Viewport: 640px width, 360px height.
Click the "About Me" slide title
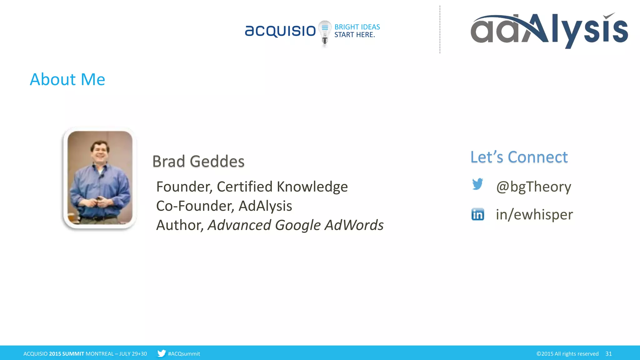tap(67, 79)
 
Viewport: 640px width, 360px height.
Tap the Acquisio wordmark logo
tap(280, 31)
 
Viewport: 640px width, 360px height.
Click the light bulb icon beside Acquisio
tap(325, 32)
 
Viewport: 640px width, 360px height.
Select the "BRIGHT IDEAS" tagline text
tap(357, 27)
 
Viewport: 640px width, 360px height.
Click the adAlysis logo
tap(549, 31)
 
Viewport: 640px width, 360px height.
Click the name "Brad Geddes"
tap(198, 161)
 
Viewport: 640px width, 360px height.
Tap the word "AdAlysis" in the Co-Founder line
tap(265, 206)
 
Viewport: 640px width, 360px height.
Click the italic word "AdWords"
tap(354, 225)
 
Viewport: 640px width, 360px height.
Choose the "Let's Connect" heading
tap(519, 157)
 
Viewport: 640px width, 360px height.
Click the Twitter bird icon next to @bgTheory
tap(477, 184)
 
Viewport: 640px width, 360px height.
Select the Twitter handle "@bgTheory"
tap(534, 187)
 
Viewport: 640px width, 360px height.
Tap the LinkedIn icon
tap(477, 214)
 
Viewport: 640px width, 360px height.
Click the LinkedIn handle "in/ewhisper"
tap(534, 214)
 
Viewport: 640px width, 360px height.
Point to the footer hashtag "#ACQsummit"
tap(184, 354)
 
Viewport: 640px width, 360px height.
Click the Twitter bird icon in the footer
tap(161, 353)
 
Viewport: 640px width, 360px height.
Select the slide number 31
tap(608, 354)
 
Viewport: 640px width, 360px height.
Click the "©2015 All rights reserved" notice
tap(567, 354)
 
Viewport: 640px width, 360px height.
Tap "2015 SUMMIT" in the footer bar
tap(67, 354)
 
